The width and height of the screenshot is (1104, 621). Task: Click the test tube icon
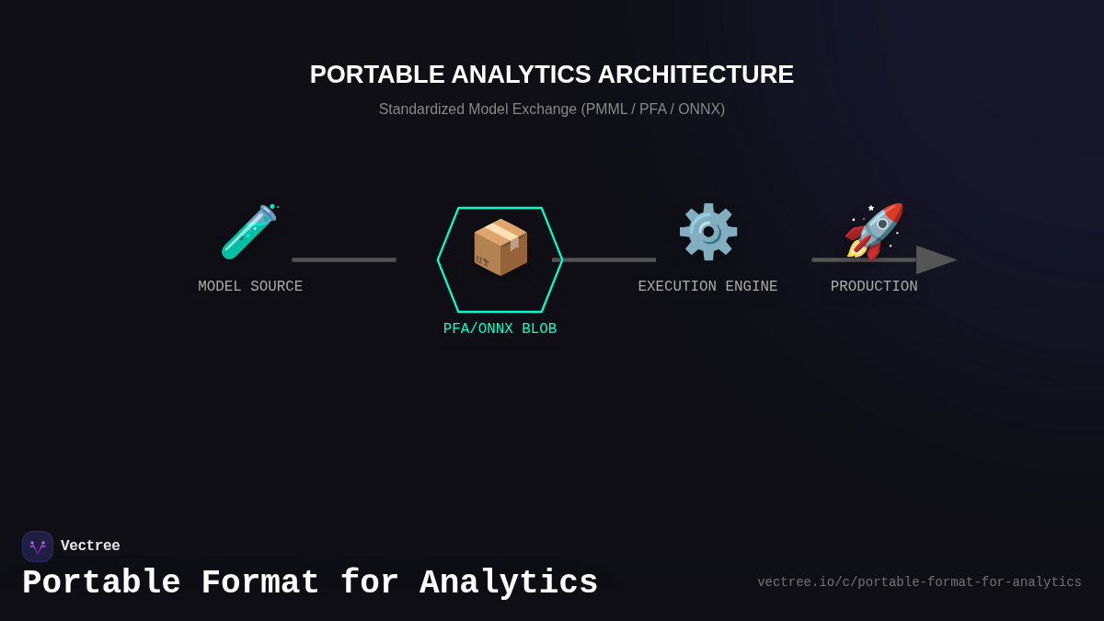248,232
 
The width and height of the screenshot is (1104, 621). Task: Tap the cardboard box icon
500,247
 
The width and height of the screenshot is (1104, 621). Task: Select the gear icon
707,232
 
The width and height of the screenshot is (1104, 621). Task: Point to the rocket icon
874,231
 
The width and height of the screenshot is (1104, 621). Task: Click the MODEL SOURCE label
250,287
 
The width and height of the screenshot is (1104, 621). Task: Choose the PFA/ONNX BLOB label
500,329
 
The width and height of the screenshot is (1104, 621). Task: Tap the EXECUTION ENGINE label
707,287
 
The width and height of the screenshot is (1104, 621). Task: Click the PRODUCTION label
874,287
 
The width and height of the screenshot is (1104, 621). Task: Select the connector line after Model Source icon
344,259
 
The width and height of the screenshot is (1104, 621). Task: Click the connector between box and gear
604,259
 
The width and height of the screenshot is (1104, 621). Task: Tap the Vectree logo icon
38,546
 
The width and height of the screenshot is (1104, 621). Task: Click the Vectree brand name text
90,546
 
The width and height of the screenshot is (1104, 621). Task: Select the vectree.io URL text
919,582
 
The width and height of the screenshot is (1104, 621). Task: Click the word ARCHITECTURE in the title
696,75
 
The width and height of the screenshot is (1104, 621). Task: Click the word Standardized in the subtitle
421,109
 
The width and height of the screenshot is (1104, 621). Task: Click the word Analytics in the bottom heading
509,583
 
